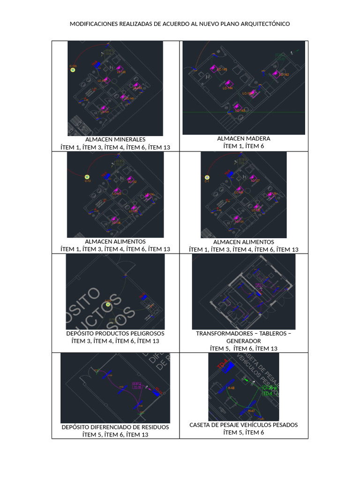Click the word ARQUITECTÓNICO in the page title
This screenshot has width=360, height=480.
(x=263, y=23)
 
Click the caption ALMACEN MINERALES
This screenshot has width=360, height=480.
(x=115, y=139)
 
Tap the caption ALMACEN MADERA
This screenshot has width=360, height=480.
(x=244, y=138)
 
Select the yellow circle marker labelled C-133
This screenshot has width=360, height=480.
(x=73, y=70)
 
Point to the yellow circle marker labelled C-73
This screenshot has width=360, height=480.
(x=87, y=177)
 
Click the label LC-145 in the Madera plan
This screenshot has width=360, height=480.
(x=222, y=70)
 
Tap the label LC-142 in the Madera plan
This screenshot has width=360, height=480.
(x=284, y=75)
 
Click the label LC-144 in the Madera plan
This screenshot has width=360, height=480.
(x=228, y=88)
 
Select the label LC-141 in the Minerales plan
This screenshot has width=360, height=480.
(x=105, y=112)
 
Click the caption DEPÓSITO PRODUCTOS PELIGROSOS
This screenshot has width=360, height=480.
(x=115, y=333)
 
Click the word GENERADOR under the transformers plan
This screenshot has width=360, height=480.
(x=244, y=341)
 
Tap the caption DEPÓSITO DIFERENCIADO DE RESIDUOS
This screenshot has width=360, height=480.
(x=115, y=427)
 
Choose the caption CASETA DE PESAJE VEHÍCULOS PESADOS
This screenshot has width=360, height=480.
(x=244, y=425)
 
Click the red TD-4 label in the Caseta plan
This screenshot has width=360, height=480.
(x=222, y=365)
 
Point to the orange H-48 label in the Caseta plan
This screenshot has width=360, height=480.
(x=231, y=388)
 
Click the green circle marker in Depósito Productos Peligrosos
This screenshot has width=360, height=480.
(x=108, y=304)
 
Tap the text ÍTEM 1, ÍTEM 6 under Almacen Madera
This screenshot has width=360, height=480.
(x=244, y=146)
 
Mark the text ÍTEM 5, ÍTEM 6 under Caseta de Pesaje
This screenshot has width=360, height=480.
(x=244, y=433)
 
